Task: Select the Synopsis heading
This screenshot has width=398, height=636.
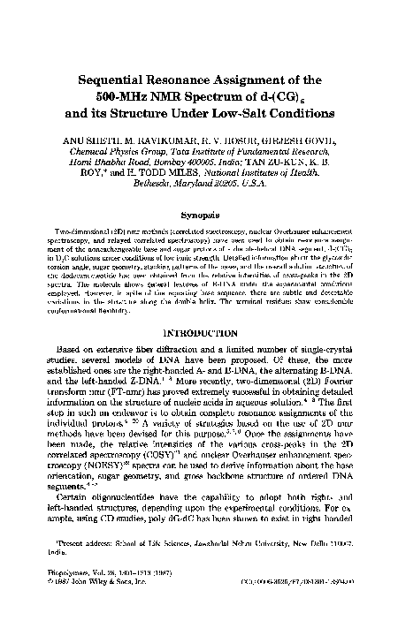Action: (199, 216)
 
